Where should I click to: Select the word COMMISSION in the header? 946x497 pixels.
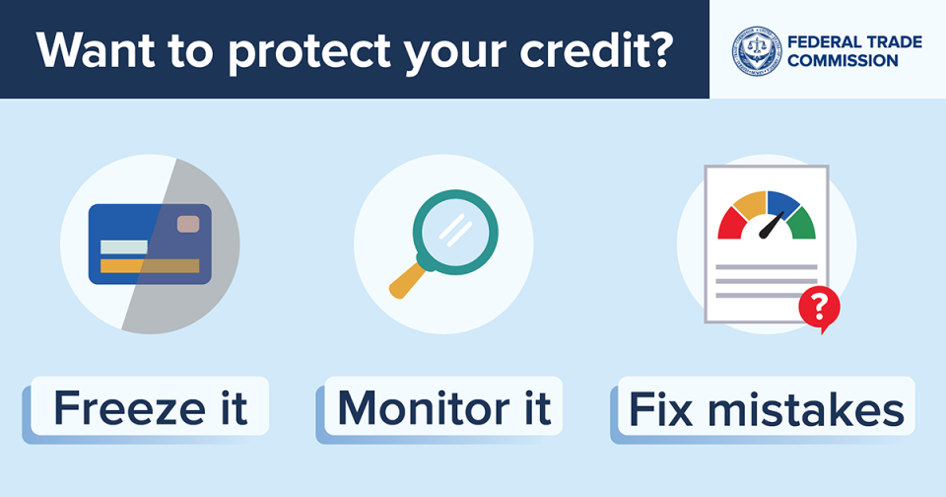coord(843,60)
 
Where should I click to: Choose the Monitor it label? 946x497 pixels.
coord(443,407)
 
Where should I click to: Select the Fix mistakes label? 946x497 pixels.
coord(767,408)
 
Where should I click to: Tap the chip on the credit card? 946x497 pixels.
coord(188,225)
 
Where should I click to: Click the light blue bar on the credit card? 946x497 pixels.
coord(124,247)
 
